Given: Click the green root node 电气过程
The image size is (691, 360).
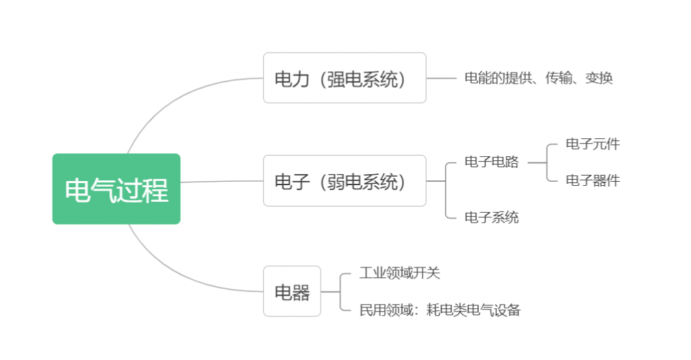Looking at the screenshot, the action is pyautogui.click(x=116, y=189).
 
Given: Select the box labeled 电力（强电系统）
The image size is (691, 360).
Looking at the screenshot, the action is pyautogui.click(x=345, y=78).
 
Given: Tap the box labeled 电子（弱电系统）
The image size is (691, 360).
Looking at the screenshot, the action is pyautogui.click(x=345, y=180).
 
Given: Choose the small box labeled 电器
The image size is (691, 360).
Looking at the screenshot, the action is pyautogui.click(x=292, y=292).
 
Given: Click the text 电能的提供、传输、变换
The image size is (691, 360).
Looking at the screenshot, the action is pyautogui.click(x=538, y=78).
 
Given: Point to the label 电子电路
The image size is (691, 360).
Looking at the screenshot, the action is pyautogui.click(x=491, y=162).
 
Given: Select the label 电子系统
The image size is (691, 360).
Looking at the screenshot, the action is pyautogui.click(x=491, y=217).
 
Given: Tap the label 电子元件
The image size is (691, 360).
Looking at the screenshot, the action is pyautogui.click(x=593, y=144).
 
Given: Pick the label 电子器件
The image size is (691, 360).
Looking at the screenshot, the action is pyautogui.click(x=593, y=180).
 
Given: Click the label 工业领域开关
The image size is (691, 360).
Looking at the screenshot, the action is pyautogui.click(x=399, y=273).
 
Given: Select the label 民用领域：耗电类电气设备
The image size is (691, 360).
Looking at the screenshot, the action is pyautogui.click(x=439, y=310).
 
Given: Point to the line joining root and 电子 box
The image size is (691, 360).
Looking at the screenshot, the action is pyautogui.click(x=222, y=181).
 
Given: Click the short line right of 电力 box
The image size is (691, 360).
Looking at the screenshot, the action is pyautogui.click(x=441, y=79).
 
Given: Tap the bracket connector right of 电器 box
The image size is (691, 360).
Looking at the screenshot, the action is pyautogui.click(x=340, y=292).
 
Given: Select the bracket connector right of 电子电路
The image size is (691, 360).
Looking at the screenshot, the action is pyautogui.click(x=547, y=162).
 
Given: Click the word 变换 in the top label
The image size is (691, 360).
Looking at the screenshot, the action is pyautogui.click(x=599, y=78).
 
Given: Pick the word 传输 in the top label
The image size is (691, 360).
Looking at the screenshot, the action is pyautogui.click(x=559, y=78).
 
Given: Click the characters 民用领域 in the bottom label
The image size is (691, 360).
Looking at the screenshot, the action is pyautogui.click(x=386, y=310).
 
